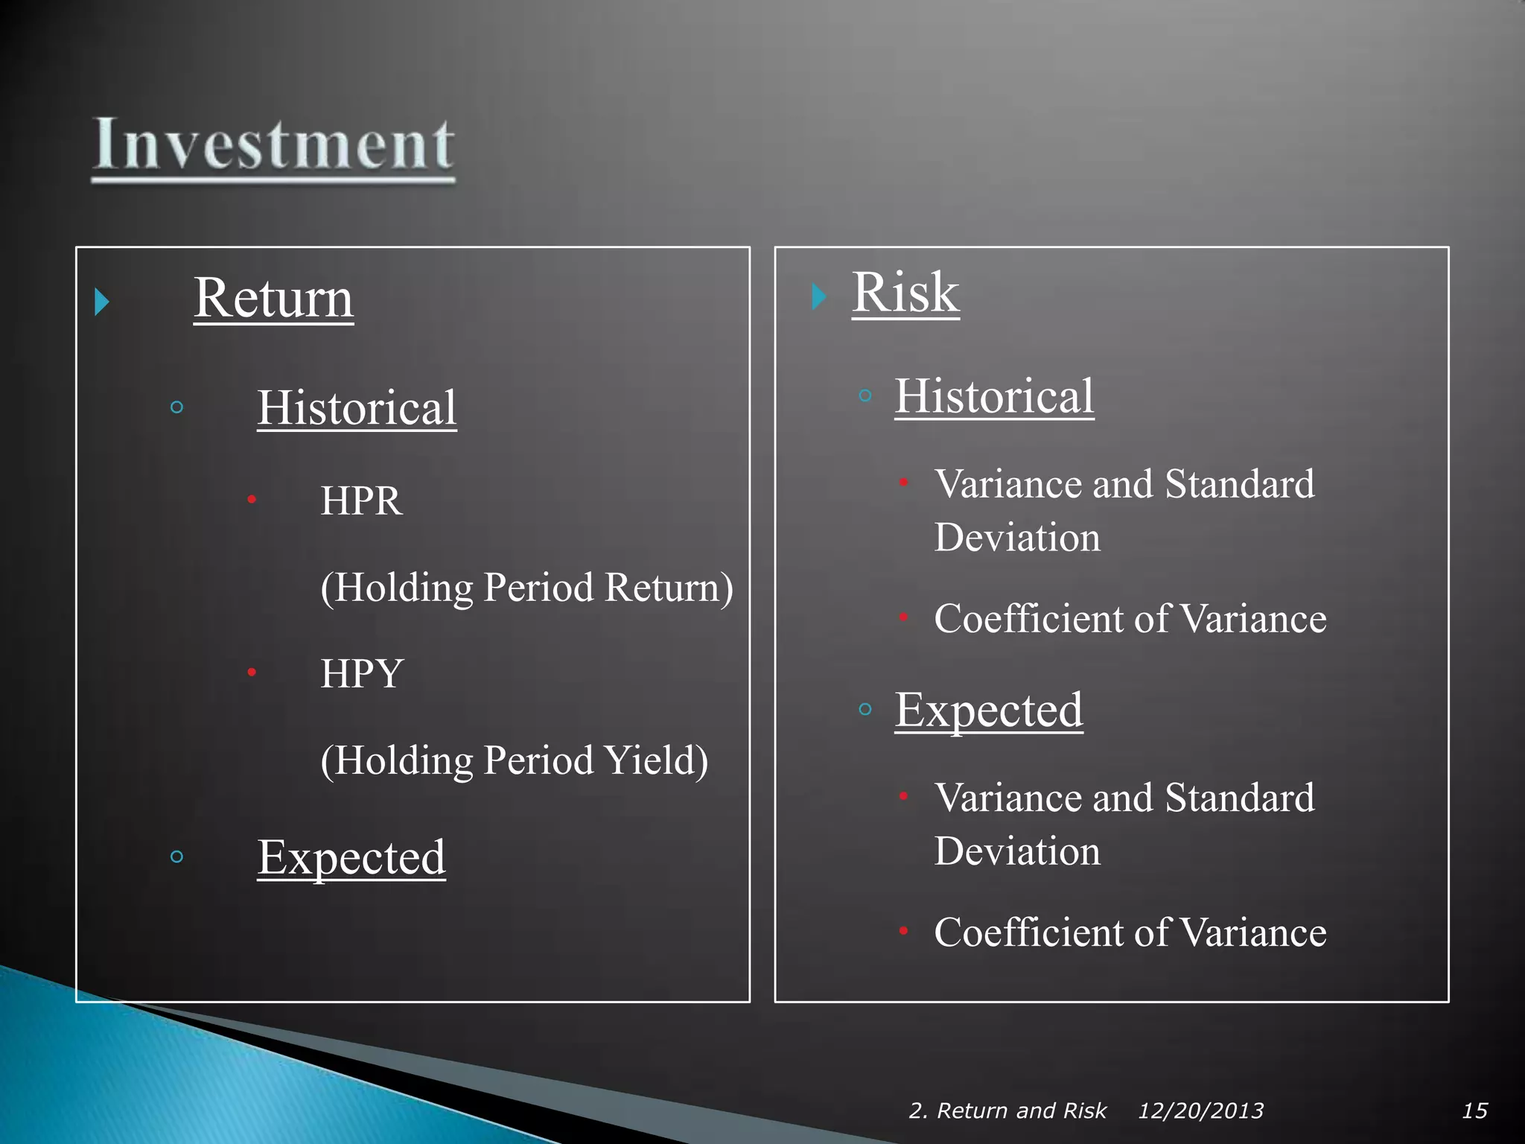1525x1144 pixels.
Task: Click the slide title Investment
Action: click(x=273, y=144)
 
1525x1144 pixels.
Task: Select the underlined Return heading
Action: click(x=273, y=298)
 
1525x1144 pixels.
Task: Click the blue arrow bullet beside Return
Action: click(x=102, y=302)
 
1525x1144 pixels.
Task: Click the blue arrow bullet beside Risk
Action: click(x=818, y=296)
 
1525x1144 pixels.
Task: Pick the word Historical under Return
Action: click(x=357, y=408)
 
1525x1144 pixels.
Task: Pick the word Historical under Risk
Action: click(x=994, y=396)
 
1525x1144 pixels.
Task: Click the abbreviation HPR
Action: click(x=361, y=500)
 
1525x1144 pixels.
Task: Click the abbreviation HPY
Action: click(x=362, y=673)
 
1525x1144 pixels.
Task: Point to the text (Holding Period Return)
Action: click(x=526, y=588)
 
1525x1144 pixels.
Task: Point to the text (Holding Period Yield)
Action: click(x=514, y=760)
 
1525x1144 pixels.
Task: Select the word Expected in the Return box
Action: click(x=351, y=857)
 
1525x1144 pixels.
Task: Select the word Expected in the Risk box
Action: click(x=988, y=710)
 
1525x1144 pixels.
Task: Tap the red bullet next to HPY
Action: click(x=252, y=672)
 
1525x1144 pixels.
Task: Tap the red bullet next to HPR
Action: click(x=252, y=499)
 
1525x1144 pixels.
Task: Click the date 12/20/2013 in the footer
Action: click(x=1200, y=1110)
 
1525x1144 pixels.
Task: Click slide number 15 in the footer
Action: click(x=1474, y=1110)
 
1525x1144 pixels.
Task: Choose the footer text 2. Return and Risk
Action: click(x=1007, y=1110)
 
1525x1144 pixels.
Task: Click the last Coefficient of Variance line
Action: click(x=1130, y=932)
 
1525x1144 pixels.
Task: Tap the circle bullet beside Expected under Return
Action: click(x=176, y=857)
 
